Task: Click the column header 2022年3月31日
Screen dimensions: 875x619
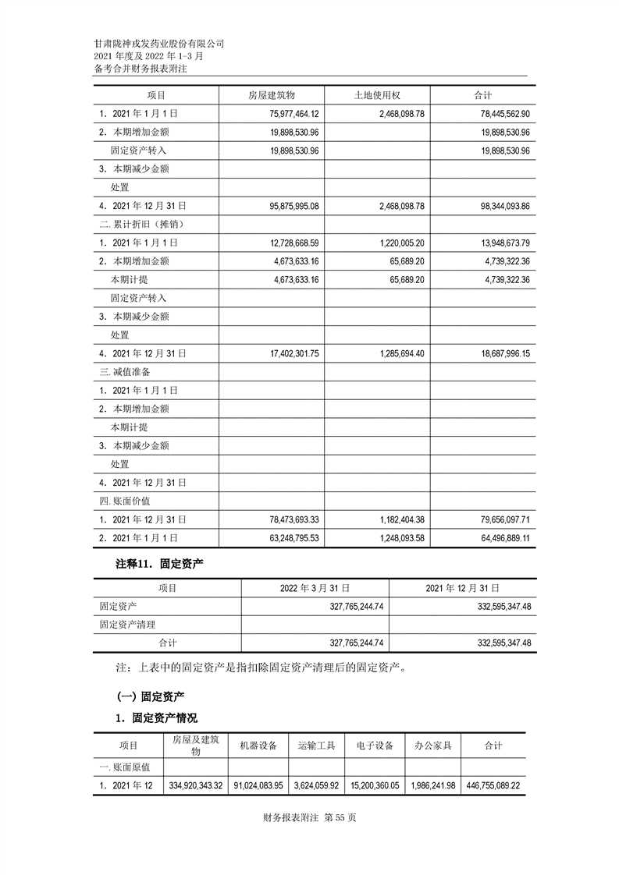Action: tap(315, 588)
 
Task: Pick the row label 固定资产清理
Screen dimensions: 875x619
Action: tap(127, 624)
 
